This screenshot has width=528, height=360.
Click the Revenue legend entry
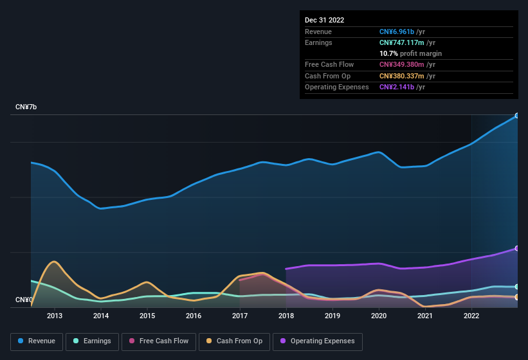37,341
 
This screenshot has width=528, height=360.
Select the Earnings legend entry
92,341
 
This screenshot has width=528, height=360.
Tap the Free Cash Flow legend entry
159,341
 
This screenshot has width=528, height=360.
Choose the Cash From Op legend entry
235,341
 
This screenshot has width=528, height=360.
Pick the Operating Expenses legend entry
317,341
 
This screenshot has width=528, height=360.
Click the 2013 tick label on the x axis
55,316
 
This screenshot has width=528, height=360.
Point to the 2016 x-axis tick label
194,316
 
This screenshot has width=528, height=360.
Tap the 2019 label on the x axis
332,316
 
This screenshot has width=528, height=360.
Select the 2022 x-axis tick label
471,316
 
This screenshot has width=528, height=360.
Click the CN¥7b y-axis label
26,107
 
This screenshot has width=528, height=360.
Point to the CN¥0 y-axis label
24,300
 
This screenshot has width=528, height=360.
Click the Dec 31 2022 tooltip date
324,20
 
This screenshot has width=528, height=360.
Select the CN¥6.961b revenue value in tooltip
400,32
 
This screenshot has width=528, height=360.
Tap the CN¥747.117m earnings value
405,42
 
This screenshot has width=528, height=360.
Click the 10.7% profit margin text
410,53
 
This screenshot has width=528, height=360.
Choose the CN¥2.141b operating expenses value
400,87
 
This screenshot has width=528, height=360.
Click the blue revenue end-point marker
517,116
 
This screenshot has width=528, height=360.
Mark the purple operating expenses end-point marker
517,248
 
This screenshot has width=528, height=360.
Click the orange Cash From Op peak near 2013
54,262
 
